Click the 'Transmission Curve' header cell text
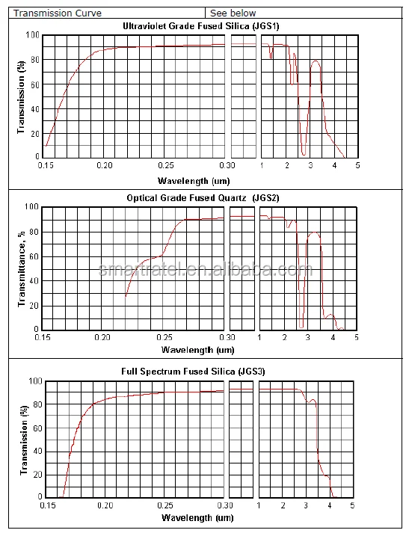coord(58,13)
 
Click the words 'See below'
coord(233,13)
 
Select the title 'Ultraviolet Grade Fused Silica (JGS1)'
coord(201,26)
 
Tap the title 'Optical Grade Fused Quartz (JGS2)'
coord(203,198)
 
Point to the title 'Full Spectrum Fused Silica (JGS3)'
coord(193,372)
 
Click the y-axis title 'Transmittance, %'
coord(22,268)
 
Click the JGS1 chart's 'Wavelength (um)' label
coord(194,181)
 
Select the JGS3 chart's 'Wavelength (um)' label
coord(197,517)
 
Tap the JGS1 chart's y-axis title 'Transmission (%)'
coord(21,97)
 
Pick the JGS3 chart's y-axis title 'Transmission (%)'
coord(24,440)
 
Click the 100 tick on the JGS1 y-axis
coord(33,35)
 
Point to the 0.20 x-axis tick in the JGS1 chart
coord(104,165)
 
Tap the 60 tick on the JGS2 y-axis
coord(34,256)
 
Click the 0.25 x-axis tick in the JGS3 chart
coord(165,505)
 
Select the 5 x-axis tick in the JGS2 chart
coord(357,337)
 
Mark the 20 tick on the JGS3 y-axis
coord(37,475)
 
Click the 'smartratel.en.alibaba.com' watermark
coord(206,270)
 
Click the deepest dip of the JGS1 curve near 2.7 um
coord(304,155)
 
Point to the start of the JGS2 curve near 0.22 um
coord(126,296)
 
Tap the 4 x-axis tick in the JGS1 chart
coord(334,165)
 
